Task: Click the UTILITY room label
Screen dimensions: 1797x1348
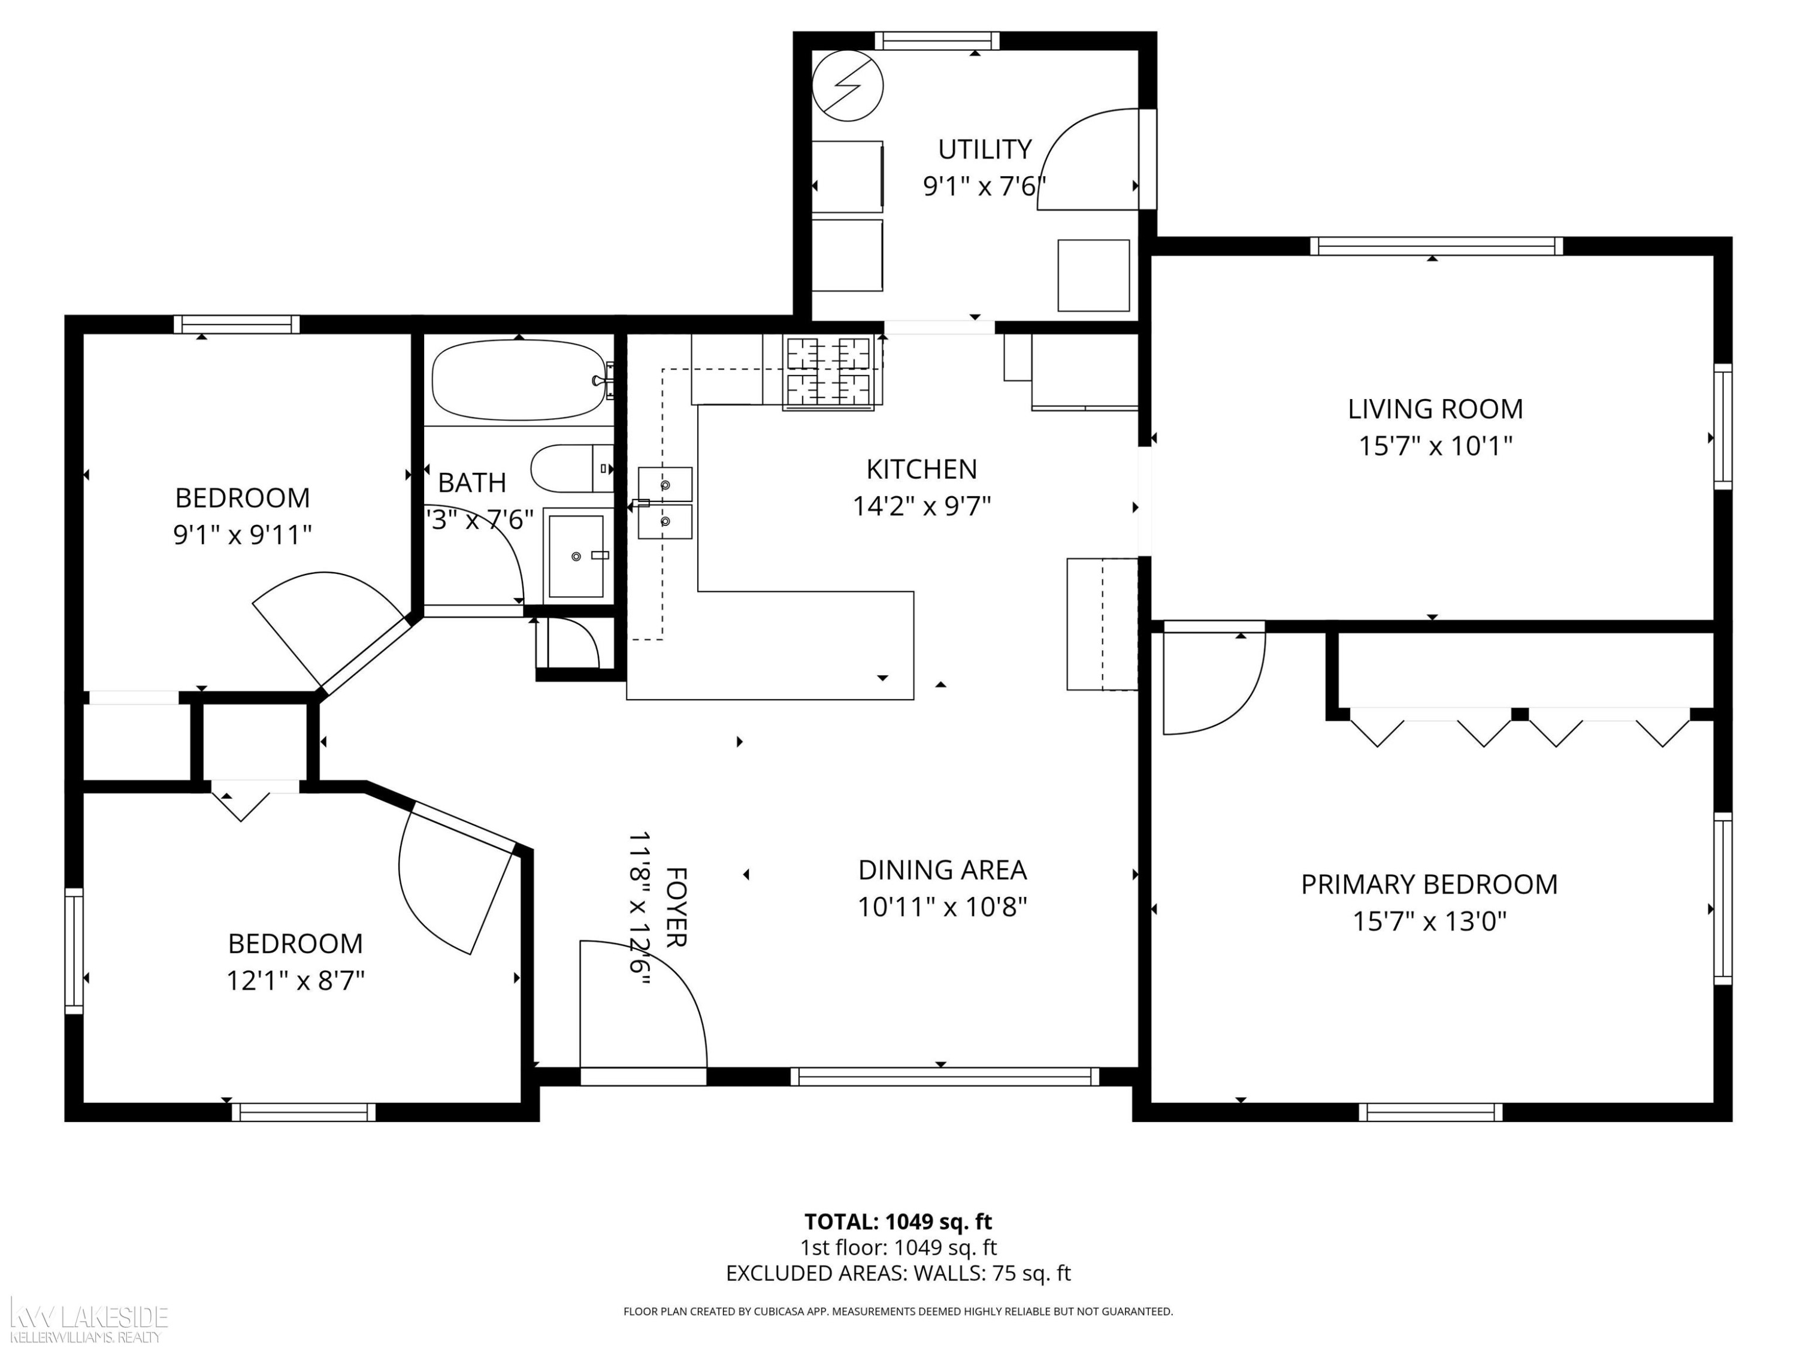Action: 985,150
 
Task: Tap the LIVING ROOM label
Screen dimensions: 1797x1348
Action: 1435,409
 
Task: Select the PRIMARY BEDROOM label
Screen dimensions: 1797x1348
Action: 1429,884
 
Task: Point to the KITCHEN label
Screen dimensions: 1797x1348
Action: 921,469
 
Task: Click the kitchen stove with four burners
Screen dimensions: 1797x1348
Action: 828,372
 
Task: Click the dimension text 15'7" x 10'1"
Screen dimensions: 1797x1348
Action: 1435,446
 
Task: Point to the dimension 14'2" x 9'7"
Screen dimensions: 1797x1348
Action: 921,506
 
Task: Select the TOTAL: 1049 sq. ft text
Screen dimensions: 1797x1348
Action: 898,1221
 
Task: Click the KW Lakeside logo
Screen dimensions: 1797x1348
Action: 87,1320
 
